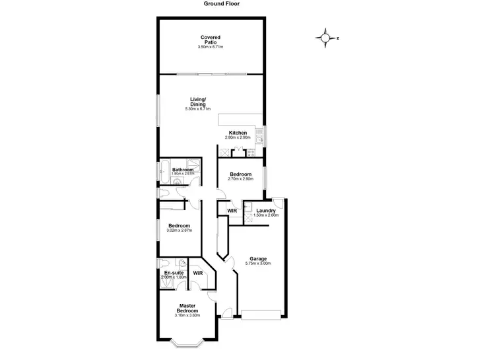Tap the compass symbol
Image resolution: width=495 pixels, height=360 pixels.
[x=325, y=38]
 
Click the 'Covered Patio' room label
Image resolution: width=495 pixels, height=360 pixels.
[x=211, y=40]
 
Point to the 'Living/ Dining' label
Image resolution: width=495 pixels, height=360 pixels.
[x=198, y=100]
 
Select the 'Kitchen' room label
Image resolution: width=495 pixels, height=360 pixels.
[x=238, y=133]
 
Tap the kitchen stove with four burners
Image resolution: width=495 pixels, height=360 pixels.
[x=250, y=153]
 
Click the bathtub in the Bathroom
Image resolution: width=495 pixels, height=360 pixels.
[x=164, y=170]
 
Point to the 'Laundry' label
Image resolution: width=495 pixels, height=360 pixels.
[x=266, y=211]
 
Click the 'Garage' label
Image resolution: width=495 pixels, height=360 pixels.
[x=257, y=258]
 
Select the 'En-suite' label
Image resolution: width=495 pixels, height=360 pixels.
[x=174, y=272]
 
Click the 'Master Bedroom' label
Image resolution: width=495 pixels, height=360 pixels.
[x=187, y=308]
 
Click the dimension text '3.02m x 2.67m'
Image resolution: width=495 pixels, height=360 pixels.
[x=180, y=231]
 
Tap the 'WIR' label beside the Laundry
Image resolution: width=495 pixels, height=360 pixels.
[x=232, y=211]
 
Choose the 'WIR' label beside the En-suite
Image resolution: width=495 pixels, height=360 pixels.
[x=197, y=272]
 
